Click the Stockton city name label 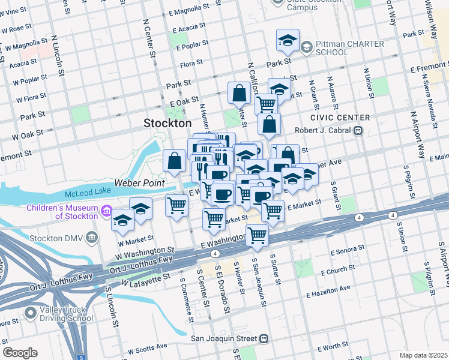click(x=167, y=123)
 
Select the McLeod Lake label click(x=88, y=194)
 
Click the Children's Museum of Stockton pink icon click(x=107, y=211)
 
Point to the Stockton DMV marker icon click(x=92, y=236)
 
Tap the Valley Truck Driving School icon click(x=31, y=313)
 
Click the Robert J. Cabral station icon click(x=358, y=130)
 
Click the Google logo click(x=20, y=352)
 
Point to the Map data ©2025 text click(x=423, y=355)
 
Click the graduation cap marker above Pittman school click(x=288, y=41)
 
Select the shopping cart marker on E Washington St click(x=258, y=235)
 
